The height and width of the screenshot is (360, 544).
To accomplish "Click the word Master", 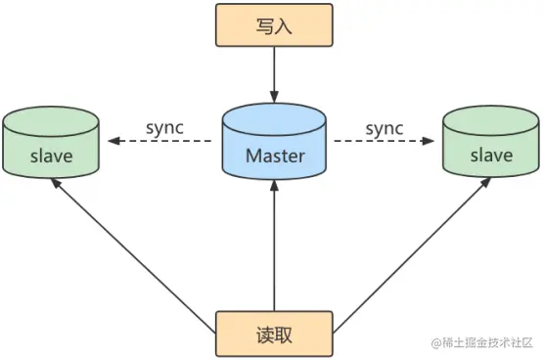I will point(274,156).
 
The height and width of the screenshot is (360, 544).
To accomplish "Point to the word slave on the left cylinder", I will point(51,156).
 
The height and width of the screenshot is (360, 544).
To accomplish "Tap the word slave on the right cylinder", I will point(491,156).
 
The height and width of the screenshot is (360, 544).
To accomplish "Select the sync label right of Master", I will point(385,128).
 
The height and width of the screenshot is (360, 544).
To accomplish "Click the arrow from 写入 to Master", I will point(274,73).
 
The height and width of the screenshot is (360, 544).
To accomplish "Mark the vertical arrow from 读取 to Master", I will point(274,245).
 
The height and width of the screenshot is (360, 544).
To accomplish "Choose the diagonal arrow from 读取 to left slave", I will point(137,249).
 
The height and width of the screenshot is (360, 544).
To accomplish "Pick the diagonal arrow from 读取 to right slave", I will point(411,249).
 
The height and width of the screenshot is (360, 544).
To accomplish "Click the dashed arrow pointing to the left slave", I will point(161,142).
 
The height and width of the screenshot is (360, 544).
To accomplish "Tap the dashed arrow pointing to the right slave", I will point(385,142).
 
